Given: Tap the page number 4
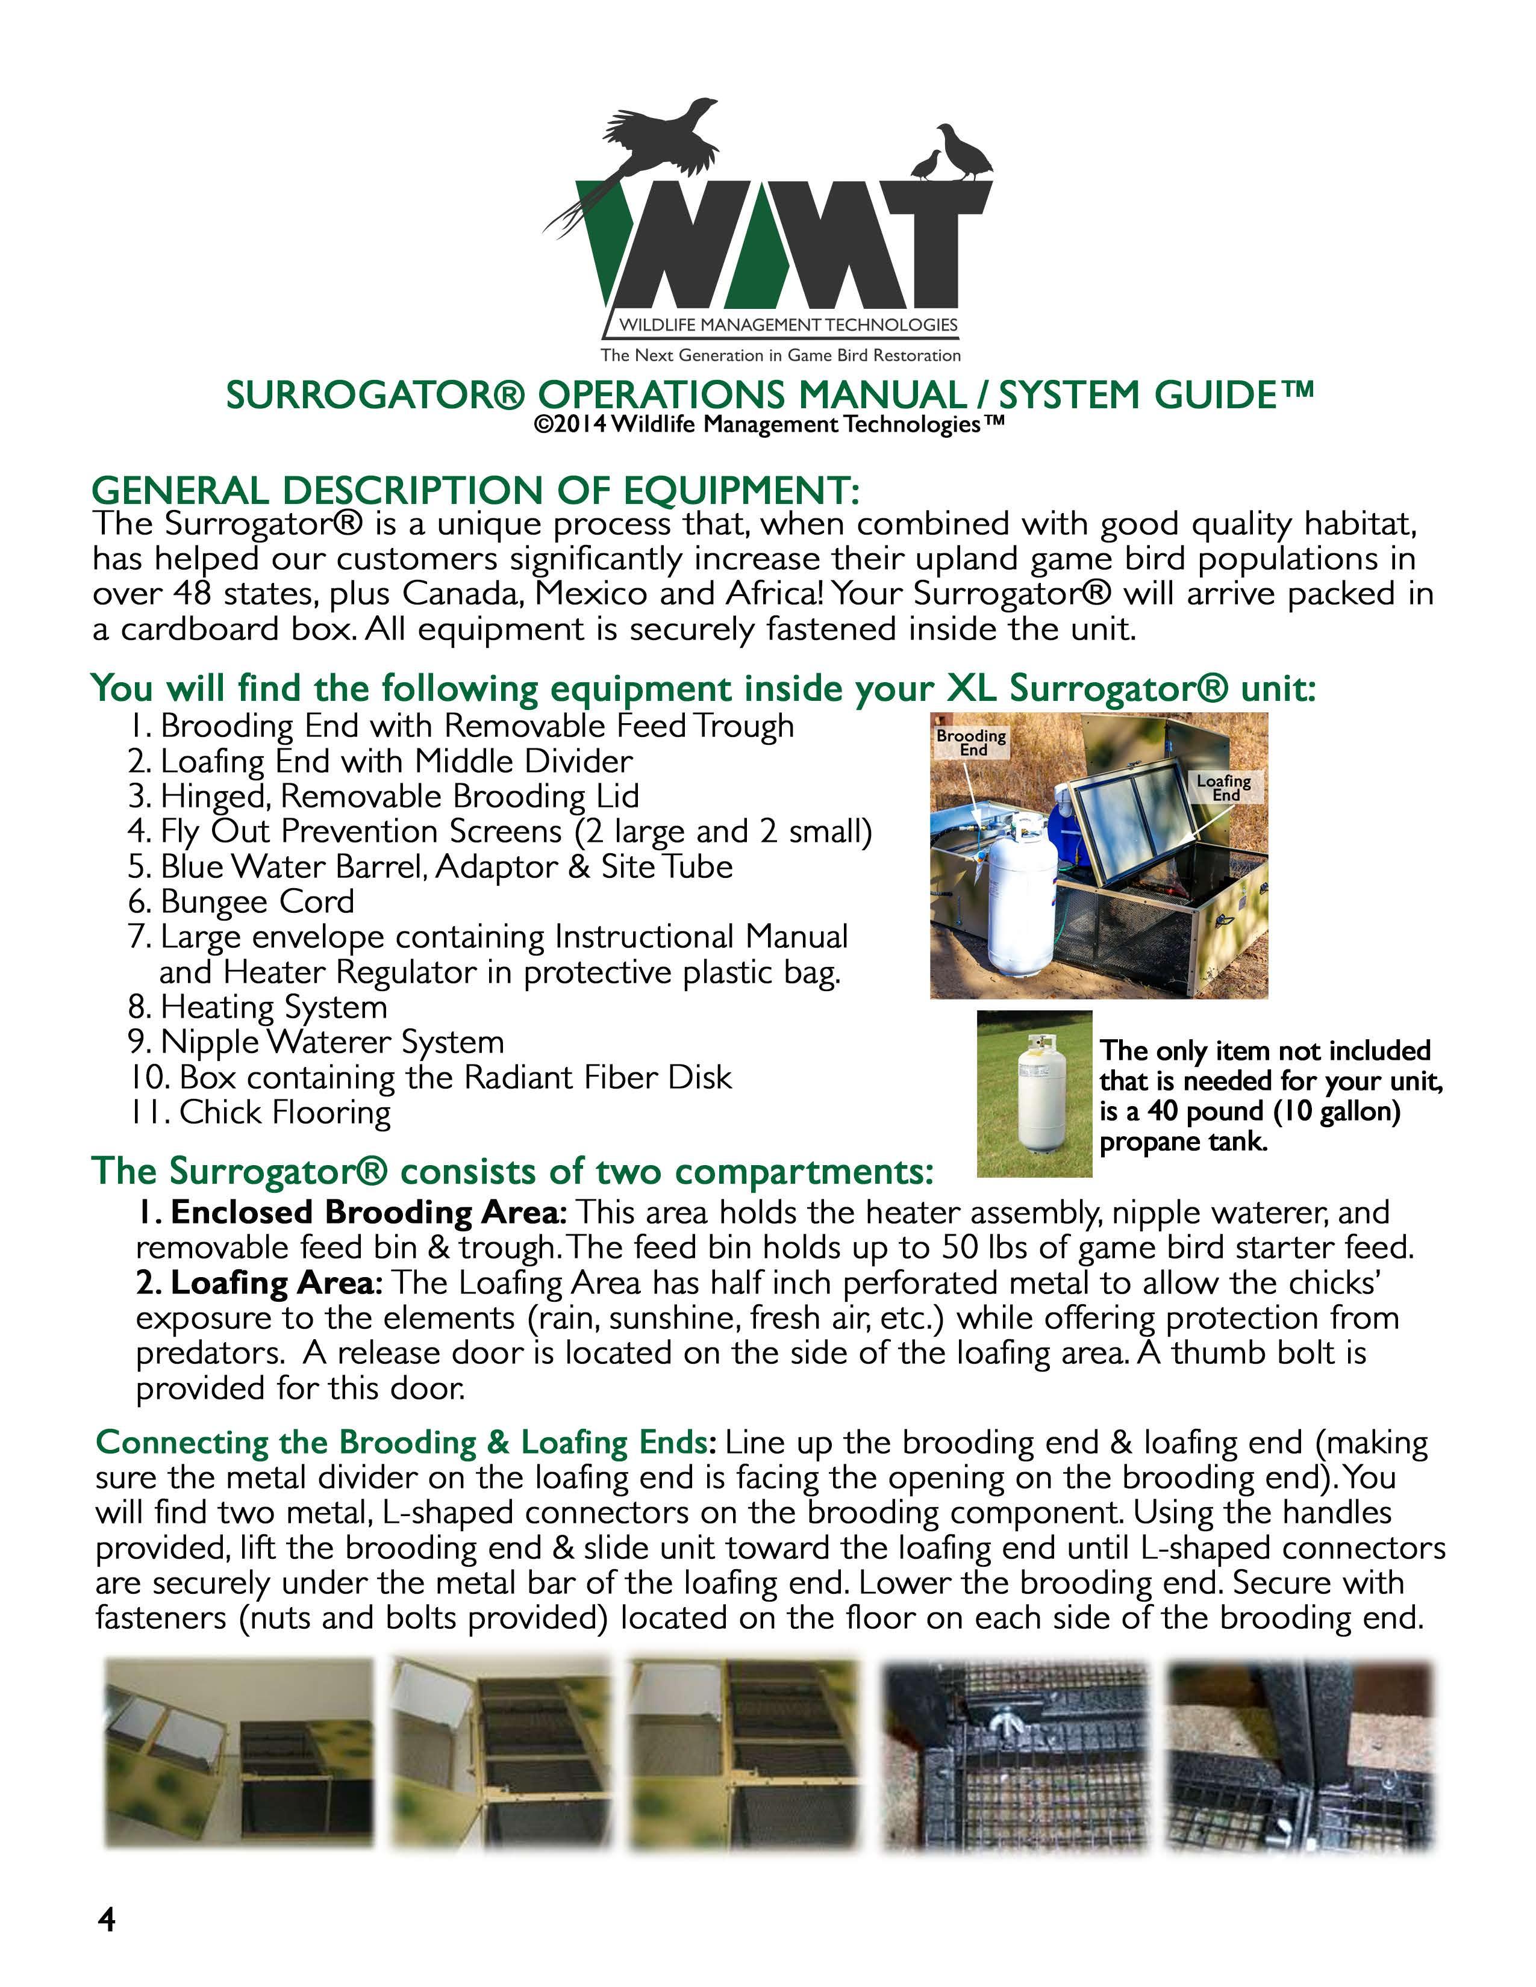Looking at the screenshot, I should pos(107,1919).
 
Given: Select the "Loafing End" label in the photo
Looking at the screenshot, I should pos(1224,788).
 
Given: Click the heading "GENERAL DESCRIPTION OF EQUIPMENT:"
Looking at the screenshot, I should pos(475,491).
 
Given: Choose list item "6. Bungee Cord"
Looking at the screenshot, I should pos(241,901).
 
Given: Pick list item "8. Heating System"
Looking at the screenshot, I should pos(258,1007).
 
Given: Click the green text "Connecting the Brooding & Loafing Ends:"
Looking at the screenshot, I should pos(407,1443).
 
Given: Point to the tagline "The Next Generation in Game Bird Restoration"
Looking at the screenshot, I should pos(780,356).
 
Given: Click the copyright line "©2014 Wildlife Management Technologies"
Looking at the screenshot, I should pos(769,425).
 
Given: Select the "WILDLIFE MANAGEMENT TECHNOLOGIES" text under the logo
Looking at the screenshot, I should pos(788,325).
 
